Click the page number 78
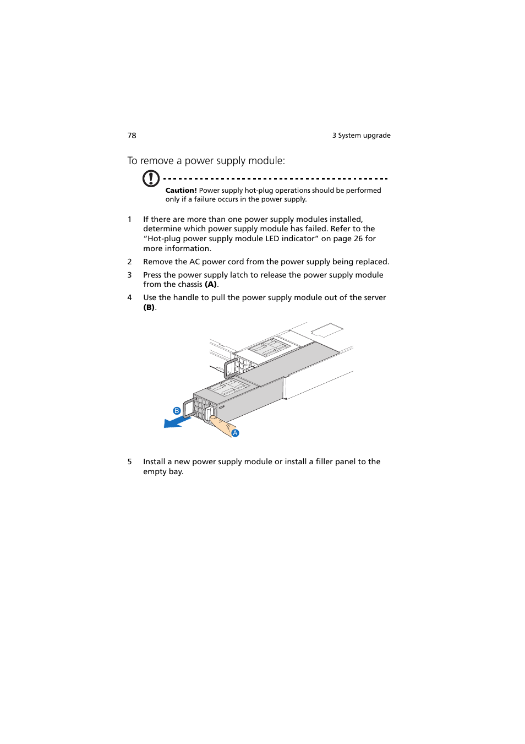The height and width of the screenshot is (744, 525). click(132, 135)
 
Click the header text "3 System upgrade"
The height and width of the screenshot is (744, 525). click(361, 135)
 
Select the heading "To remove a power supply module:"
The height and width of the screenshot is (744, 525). click(206, 161)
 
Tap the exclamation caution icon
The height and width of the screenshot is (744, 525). click(151, 178)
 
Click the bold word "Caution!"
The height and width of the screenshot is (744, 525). click(181, 191)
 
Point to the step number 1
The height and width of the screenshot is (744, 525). click(130, 219)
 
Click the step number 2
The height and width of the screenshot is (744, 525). click(130, 262)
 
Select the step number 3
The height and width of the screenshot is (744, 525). click(130, 275)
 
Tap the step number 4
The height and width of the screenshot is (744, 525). click(130, 297)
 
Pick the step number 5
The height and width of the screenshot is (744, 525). click(130, 461)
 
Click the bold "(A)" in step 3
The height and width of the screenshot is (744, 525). click(211, 285)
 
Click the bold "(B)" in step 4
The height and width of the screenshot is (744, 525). click(149, 307)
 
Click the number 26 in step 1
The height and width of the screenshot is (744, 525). click(358, 238)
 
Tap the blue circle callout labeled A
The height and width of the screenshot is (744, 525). click(235, 433)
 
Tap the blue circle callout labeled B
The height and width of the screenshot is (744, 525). click(177, 411)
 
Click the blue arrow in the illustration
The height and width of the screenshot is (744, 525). click(176, 422)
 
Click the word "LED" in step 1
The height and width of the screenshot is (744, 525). click(272, 238)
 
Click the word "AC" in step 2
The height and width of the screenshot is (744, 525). click(194, 262)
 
